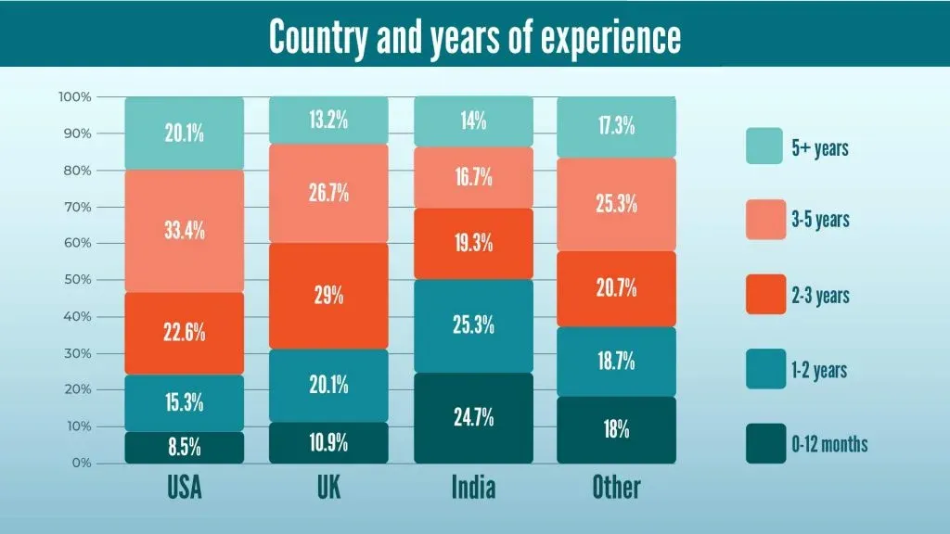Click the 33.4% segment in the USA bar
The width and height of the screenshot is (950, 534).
point(185,231)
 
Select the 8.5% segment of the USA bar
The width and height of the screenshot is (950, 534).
point(185,448)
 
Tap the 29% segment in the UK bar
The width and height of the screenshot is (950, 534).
point(329,296)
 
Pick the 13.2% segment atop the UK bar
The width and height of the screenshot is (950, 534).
point(329,121)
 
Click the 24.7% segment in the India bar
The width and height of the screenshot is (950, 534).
point(473,418)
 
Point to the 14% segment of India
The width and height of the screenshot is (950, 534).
point(473,121)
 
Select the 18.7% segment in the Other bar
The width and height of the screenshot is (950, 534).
point(617,362)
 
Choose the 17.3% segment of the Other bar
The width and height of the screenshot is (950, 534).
point(617,127)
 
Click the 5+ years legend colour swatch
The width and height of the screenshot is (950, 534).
point(764,146)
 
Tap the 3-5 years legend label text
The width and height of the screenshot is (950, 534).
point(820,221)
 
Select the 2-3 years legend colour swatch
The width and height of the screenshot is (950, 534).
point(764,296)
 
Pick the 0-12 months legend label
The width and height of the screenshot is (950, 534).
point(829,444)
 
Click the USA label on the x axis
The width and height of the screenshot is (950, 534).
point(185,488)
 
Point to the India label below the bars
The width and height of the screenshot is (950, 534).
point(473,488)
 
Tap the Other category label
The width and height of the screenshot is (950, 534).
point(617,488)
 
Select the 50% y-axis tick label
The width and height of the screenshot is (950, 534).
point(77,280)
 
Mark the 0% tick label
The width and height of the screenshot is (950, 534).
point(81,463)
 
